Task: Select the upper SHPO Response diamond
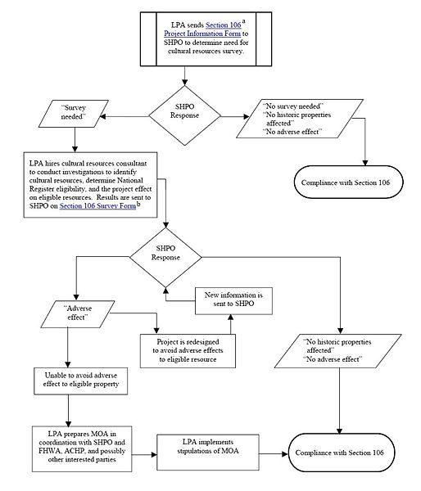(186, 111)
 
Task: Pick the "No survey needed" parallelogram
(297, 120)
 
